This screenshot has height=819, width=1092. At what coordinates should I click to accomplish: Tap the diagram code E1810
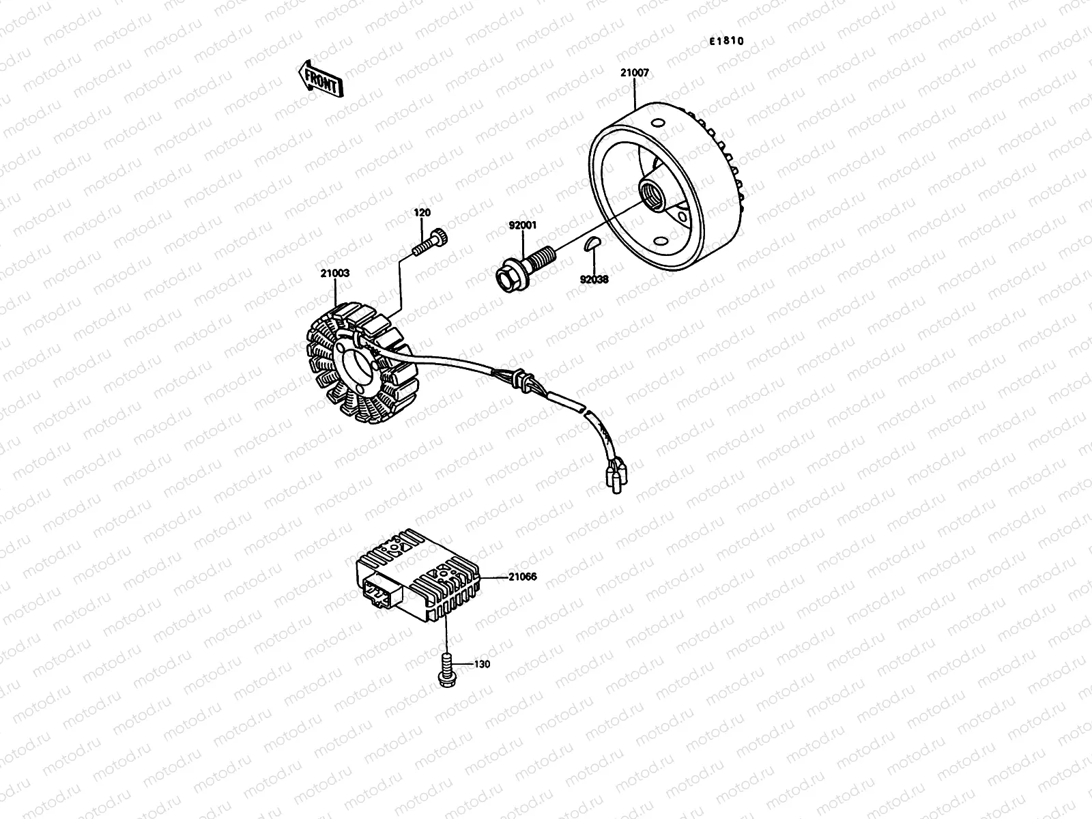point(725,41)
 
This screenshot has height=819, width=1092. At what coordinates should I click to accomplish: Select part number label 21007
point(635,72)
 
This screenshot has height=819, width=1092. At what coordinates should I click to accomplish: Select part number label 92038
point(594,278)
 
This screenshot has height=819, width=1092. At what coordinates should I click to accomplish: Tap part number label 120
point(422,213)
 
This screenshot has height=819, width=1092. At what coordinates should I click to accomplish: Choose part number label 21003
point(336,273)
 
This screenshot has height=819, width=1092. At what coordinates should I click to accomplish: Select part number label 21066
point(522,577)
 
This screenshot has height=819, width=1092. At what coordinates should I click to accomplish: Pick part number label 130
point(482,663)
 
